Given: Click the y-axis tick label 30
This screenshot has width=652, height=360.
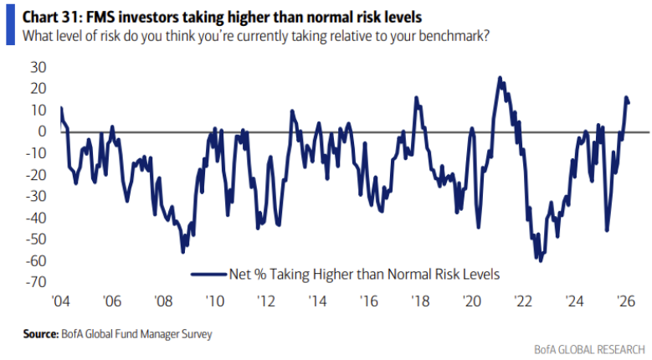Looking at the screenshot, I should click(39, 67).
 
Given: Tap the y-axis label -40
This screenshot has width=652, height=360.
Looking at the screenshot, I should click(36, 219).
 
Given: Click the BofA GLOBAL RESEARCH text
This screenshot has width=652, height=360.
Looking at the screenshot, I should click(588, 347).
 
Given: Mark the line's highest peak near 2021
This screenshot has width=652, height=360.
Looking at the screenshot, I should click(500, 78).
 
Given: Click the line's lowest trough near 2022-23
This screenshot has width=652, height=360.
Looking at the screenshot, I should click(540, 260).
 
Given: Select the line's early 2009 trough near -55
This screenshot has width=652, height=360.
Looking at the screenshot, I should click(183, 251).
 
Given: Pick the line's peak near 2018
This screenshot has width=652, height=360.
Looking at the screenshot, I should click(417, 98).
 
